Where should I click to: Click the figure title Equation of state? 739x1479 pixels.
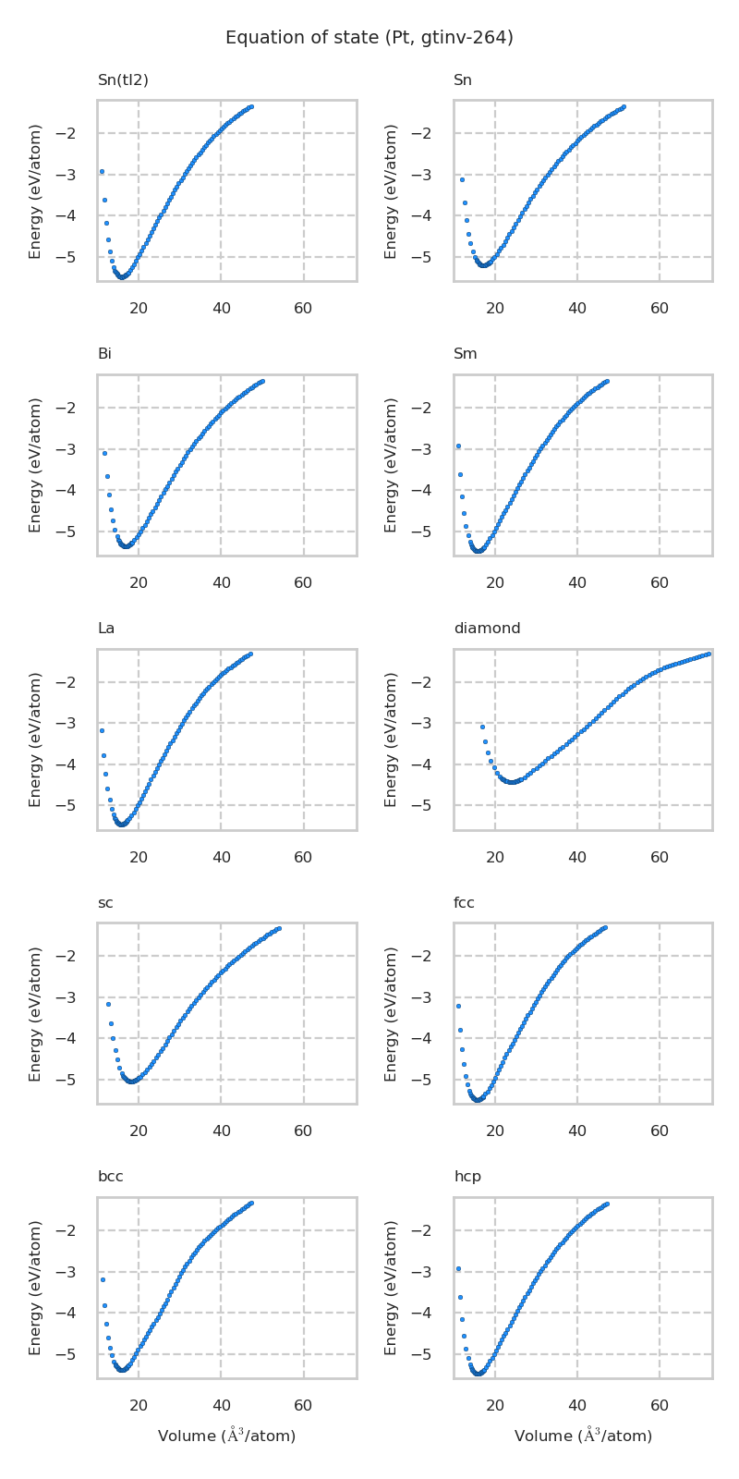click(x=369, y=38)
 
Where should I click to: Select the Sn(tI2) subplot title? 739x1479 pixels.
click(x=123, y=80)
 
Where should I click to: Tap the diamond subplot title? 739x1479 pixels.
click(x=487, y=629)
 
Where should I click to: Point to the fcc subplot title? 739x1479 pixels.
click(x=464, y=903)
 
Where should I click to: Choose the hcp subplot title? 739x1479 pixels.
click(x=467, y=1177)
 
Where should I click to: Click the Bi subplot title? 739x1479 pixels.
click(x=104, y=354)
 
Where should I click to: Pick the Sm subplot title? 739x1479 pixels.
click(x=465, y=354)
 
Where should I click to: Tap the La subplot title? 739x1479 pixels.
click(x=106, y=629)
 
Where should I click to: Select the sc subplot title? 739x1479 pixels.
click(x=105, y=903)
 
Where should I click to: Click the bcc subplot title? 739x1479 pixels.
click(x=110, y=1177)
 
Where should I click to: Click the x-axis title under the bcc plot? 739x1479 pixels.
click(x=226, y=1436)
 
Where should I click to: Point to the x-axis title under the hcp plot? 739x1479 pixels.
click(x=583, y=1436)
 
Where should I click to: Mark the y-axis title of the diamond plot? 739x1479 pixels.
click(x=392, y=739)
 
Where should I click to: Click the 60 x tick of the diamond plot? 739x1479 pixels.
click(x=660, y=858)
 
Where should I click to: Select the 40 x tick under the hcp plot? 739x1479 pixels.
click(x=577, y=1406)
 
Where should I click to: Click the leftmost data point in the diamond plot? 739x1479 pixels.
click(x=482, y=727)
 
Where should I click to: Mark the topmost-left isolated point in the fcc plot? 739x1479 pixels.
click(x=458, y=1006)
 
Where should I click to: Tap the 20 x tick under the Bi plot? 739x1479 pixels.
click(x=139, y=583)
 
